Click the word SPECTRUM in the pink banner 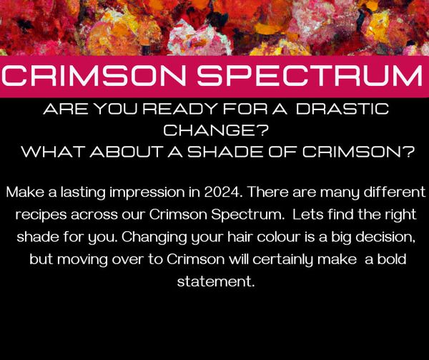pos(310,76)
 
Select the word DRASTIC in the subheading pos(342,109)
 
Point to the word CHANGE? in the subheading pos(216,130)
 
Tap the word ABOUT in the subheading pos(127,152)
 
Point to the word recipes pos(41,215)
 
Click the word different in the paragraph pos(395,193)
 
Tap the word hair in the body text pos(240,237)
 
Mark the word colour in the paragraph pos(279,237)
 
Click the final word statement pos(216,282)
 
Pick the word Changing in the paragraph pos(154,238)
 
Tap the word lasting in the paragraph pos(83,193)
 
